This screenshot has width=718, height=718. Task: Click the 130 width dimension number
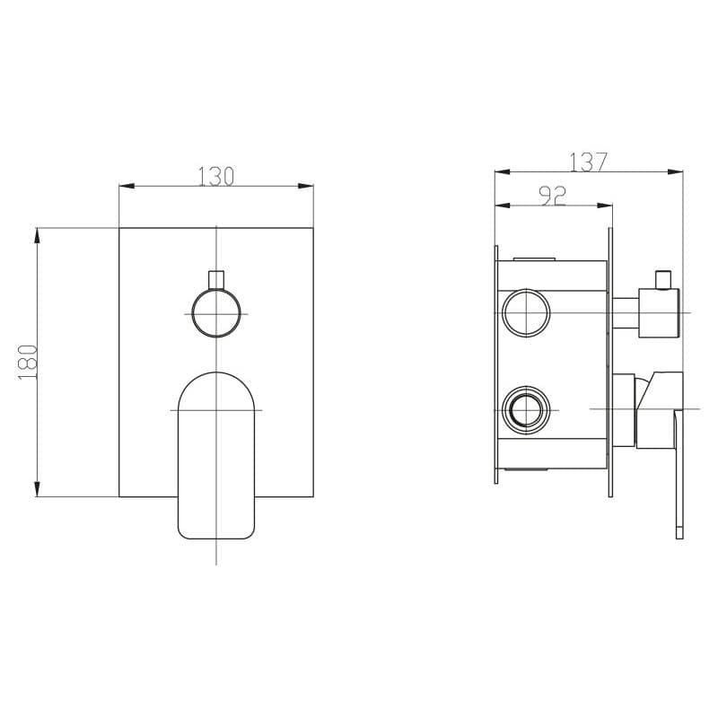215,176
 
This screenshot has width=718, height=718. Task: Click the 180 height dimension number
28,363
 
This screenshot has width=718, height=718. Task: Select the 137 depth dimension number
589,162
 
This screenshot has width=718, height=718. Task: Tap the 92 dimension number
554,197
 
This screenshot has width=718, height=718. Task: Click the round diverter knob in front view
216,313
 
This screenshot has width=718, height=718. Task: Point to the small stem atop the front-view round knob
216,280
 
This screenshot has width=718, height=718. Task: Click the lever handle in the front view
216,455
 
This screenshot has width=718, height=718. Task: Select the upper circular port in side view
526,312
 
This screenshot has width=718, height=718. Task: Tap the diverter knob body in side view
659,313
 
